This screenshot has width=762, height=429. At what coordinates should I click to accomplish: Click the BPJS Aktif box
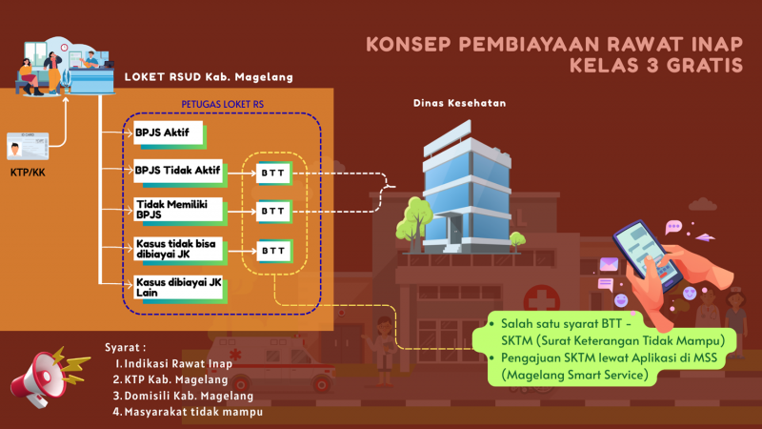coord(168,133)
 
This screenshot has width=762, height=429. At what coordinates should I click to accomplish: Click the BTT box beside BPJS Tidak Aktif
coord(273,173)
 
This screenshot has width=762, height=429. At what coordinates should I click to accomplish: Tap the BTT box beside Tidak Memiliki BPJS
coord(273,211)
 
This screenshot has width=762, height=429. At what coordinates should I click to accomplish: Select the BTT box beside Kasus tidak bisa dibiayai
coord(273,251)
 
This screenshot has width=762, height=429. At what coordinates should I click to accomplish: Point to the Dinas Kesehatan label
coord(459,103)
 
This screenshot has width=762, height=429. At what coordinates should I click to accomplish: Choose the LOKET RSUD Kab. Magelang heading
coord(209,76)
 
